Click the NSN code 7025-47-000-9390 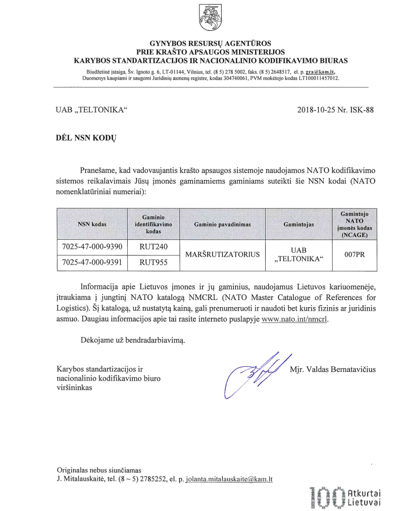coord(92,247)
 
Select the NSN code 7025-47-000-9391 coord(92,263)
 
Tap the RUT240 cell coord(153,247)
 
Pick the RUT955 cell coord(153,263)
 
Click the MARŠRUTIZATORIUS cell coord(222,254)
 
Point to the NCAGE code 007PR coord(354,254)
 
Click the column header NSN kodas coord(92,223)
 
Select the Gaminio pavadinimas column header coord(222,223)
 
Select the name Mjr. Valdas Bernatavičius coord(333,369)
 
